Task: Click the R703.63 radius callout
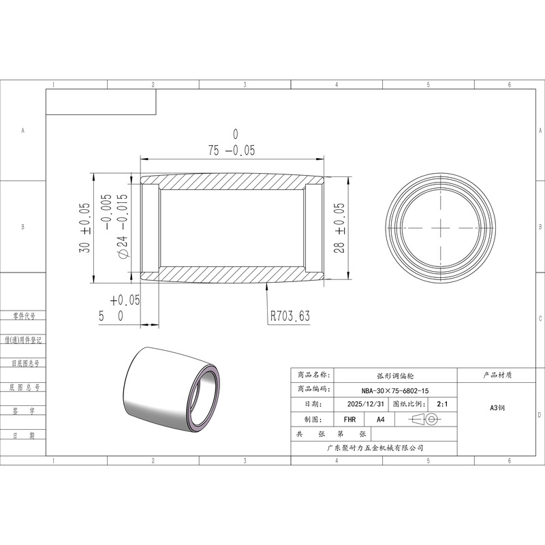point(290,316)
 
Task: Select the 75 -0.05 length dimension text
point(232,150)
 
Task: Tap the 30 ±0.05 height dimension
point(84,228)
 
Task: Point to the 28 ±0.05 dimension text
point(339,228)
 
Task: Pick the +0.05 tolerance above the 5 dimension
point(125,300)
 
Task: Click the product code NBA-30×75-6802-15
point(395,390)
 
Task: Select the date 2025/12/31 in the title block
point(366,404)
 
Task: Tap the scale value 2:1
point(442,404)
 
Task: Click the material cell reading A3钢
point(497,407)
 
